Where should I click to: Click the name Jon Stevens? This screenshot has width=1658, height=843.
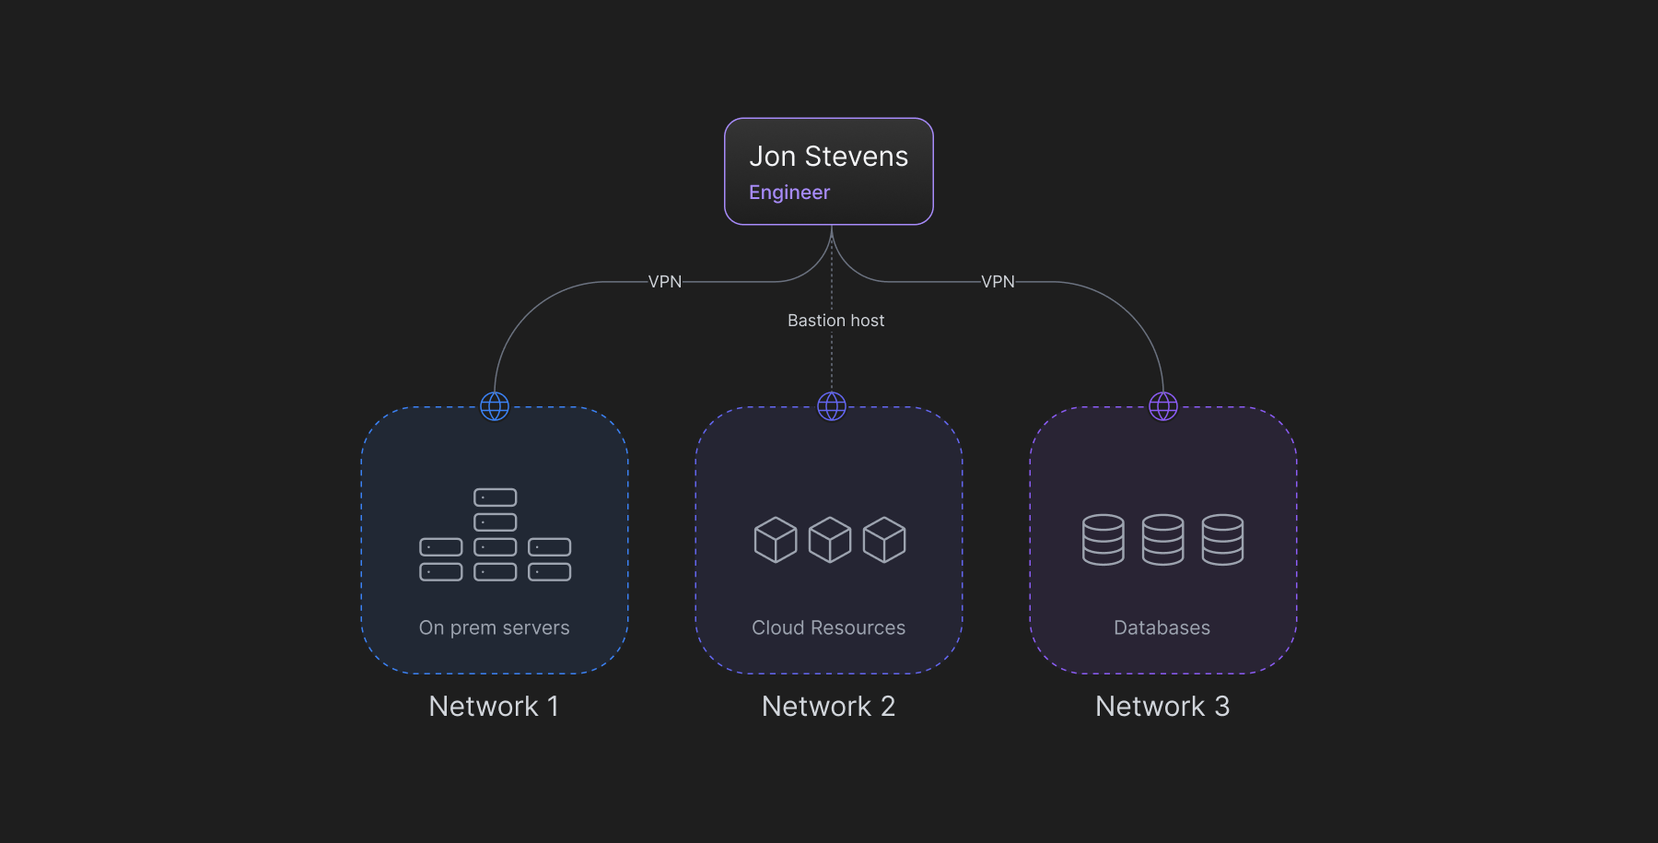(828, 157)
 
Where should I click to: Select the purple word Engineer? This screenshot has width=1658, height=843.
(789, 193)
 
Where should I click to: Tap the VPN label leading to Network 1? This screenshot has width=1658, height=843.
(665, 282)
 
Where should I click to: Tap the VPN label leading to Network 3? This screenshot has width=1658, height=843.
(998, 282)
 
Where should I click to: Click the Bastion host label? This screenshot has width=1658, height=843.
(835, 321)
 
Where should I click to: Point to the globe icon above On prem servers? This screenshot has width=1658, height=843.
(495, 406)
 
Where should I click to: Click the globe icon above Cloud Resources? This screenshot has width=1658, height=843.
(832, 406)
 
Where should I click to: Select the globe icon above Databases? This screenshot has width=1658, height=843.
(1163, 406)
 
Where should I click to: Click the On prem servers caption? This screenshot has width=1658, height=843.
(494, 627)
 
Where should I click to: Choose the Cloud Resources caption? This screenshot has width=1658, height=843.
(828, 627)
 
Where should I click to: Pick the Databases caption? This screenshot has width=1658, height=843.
(1162, 627)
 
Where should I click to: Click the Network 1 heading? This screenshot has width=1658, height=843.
(494, 707)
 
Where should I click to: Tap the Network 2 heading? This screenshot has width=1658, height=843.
(828, 707)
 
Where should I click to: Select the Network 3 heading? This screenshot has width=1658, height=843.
(1162, 707)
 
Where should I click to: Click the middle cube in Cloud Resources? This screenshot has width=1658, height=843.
(830, 540)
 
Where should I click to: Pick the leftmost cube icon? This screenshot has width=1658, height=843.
(776, 540)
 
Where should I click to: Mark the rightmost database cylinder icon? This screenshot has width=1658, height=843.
(1222, 540)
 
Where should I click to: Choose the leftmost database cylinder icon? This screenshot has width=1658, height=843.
(1103, 540)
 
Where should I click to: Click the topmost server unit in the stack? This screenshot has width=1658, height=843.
(496, 498)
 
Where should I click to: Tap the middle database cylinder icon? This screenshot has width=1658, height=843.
(1163, 540)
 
